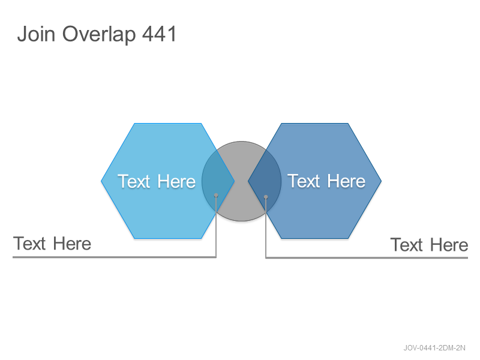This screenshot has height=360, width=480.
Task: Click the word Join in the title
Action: point(36,34)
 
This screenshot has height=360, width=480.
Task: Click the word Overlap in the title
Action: point(99,35)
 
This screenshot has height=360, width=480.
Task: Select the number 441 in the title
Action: point(160,34)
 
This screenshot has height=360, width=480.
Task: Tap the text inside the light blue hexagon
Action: point(157,181)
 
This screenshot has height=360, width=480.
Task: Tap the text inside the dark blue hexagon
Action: point(326,181)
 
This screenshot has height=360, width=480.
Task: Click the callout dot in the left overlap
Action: point(216,195)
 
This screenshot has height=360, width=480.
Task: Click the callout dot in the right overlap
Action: point(266,197)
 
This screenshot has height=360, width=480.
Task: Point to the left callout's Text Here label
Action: point(52,244)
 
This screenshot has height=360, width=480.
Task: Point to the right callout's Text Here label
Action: point(429,245)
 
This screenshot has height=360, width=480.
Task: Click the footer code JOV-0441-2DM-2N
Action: point(434,348)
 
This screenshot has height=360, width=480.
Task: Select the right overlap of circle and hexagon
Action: point(265,181)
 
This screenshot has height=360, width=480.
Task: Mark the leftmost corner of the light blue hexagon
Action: point(101,181)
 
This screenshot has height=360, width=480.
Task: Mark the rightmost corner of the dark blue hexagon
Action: point(382,181)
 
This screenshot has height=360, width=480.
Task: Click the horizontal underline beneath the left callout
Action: point(114,257)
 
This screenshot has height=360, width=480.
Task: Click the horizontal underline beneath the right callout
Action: point(367,258)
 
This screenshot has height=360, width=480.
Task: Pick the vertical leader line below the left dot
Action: point(216,227)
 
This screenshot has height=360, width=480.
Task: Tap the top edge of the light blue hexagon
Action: point(168,124)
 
